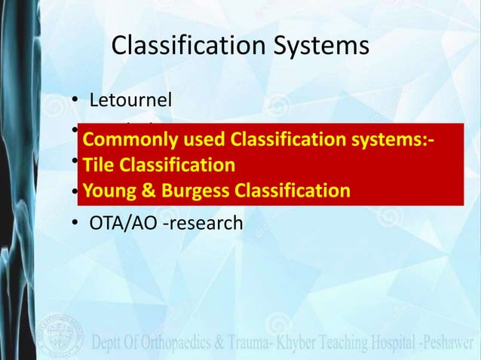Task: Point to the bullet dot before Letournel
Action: [75, 99]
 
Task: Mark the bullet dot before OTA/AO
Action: [75, 223]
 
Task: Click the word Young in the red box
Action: [109, 190]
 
